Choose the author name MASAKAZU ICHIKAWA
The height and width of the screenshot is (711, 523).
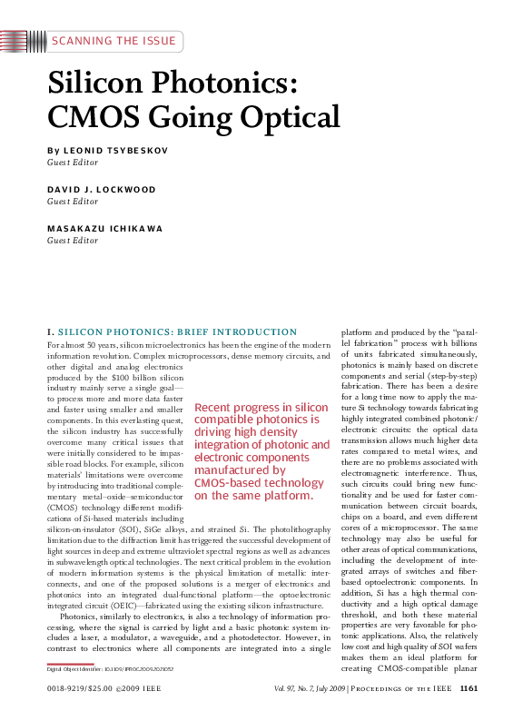coord(105,230)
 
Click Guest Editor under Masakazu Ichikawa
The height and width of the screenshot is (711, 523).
coord(72,242)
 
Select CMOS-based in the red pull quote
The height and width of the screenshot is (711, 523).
coord(233,483)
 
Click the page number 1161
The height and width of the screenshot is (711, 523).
coord(469,689)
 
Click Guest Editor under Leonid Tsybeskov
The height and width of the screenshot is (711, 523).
coord(72,161)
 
